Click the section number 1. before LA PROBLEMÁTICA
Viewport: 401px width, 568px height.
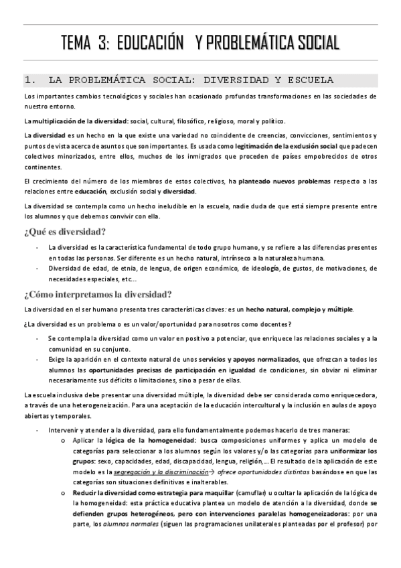click(x=29, y=81)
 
